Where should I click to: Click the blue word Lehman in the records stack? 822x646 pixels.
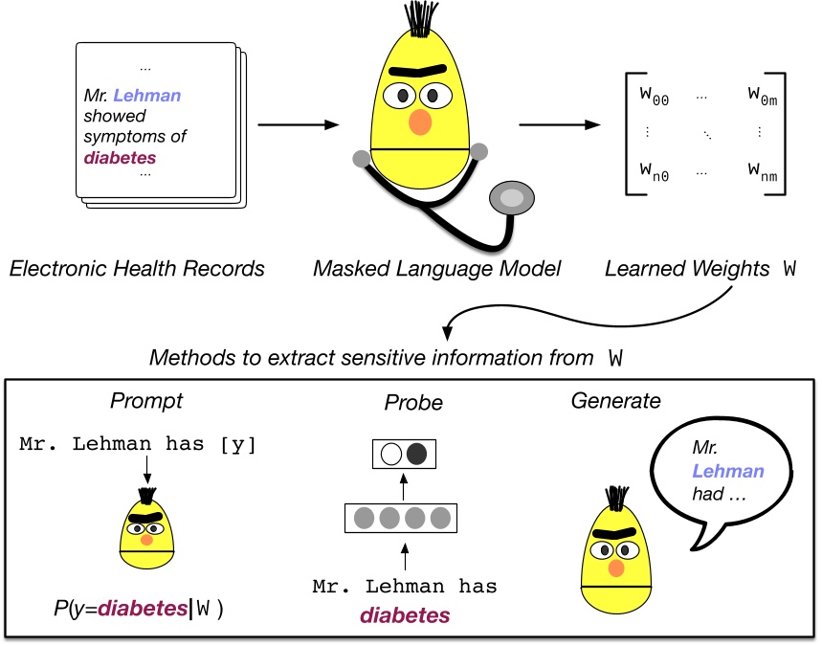point(144,96)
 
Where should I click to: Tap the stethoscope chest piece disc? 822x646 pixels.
point(513,197)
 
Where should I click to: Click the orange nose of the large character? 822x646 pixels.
point(420,123)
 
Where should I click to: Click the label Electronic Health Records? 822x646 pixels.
point(137,268)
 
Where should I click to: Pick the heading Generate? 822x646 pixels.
point(615,401)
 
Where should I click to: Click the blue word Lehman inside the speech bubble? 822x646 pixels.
point(729,471)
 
